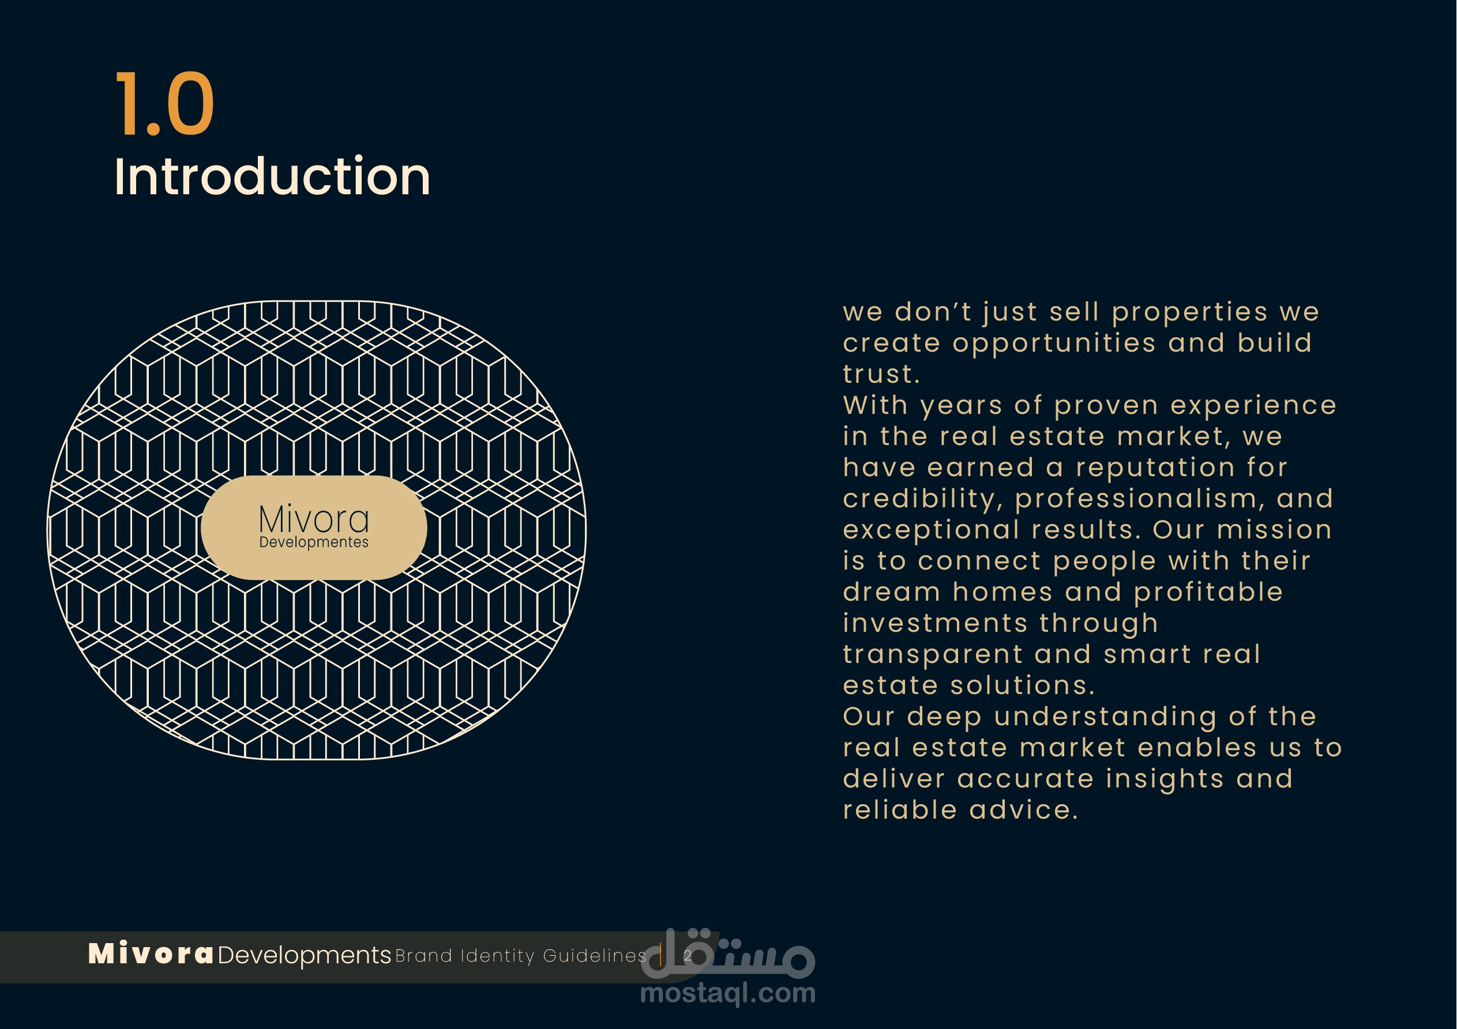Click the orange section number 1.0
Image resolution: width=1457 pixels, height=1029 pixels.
point(164,103)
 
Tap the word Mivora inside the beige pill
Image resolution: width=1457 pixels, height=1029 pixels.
point(313,519)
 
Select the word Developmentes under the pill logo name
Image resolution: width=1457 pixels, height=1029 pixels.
point(313,542)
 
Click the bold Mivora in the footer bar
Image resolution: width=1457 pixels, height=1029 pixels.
point(151,954)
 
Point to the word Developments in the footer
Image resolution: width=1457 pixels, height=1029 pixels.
point(304,955)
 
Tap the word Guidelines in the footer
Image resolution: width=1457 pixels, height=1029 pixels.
point(595,955)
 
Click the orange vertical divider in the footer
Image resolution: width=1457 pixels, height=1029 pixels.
point(661,955)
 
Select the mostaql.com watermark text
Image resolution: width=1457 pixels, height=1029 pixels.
point(728,993)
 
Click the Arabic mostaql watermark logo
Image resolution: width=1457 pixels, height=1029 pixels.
point(728,952)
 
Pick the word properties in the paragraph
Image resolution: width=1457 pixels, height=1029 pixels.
point(1190,313)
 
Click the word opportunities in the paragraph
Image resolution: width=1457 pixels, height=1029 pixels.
point(1054,344)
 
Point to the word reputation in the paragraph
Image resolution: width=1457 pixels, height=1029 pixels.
point(1155,468)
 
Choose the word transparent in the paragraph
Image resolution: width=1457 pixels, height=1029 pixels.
point(933,655)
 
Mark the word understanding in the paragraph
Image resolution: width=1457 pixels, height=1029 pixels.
point(1106,717)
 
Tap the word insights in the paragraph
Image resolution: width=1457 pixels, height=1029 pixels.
point(1165,779)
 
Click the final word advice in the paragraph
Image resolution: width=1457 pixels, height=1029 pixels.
point(1024,810)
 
